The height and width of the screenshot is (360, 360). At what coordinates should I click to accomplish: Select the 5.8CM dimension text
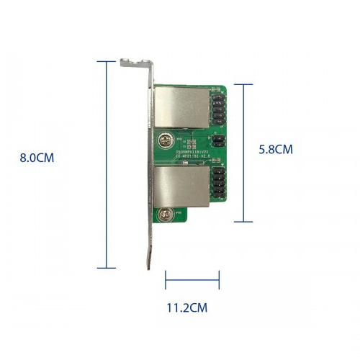click(x=276, y=150)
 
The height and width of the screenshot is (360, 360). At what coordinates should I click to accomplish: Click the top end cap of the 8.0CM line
click(x=107, y=62)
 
